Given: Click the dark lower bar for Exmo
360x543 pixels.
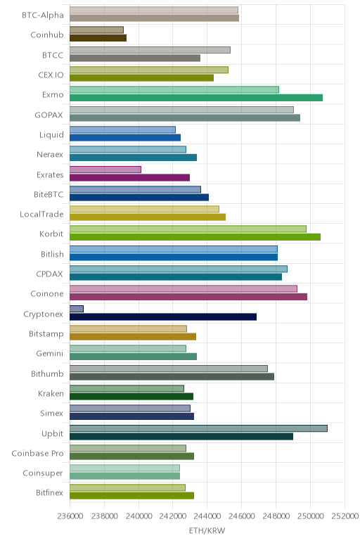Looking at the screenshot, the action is pyautogui.click(x=196, y=98).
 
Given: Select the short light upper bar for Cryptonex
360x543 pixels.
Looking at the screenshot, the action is pyautogui.click(x=77, y=309).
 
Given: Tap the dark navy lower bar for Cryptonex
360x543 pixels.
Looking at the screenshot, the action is pyautogui.click(x=163, y=317).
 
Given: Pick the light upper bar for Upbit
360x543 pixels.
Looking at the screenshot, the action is pyautogui.click(x=198, y=428).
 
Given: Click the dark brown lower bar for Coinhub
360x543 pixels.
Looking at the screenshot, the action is pyautogui.click(x=98, y=38).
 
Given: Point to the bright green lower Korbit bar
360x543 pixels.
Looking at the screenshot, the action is pyautogui.click(x=195, y=237).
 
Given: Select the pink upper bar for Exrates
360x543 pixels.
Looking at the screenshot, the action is pyautogui.click(x=105, y=170).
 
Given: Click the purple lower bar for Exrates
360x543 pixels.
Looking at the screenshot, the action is pyautogui.click(x=129, y=177).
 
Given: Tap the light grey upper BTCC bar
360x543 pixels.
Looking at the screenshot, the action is pyautogui.click(x=150, y=50).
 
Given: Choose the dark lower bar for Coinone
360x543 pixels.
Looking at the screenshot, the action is pyautogui.click(x=188, y=297).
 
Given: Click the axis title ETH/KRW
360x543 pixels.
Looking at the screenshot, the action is pyautogui.click(x=207, y=530).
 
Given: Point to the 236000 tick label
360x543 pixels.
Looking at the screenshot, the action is pyautogui.click(x=70, y=516).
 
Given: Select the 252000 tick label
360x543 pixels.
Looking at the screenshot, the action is pyautogui.click(x=345, y=516).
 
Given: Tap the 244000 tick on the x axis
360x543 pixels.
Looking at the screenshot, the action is pyautogui.click(x=207, y=516).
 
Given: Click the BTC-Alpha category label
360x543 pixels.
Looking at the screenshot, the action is pyautogui.click(x=43, y=15).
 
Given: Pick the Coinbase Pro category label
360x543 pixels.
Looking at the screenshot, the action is pyautogui.click(x=37, y=453).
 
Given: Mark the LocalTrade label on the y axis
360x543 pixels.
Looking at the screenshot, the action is pyautogui.click(x=41, y=214).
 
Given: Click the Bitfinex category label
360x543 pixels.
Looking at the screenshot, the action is pyautogui.click(x=49, y=492).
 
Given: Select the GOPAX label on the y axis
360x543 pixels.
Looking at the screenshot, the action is pyautogui.click(x=49, y=115).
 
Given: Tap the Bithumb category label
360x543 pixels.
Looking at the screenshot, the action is pyautogui.click(x=47, y=373).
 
